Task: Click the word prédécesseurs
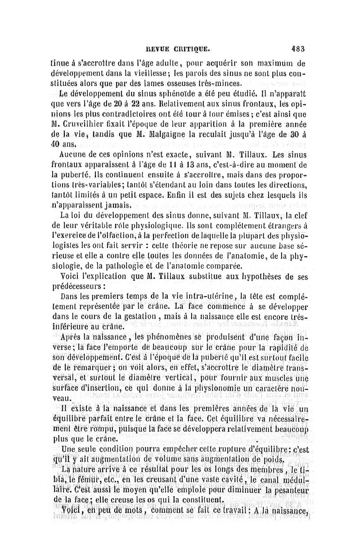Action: click(78, 285)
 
